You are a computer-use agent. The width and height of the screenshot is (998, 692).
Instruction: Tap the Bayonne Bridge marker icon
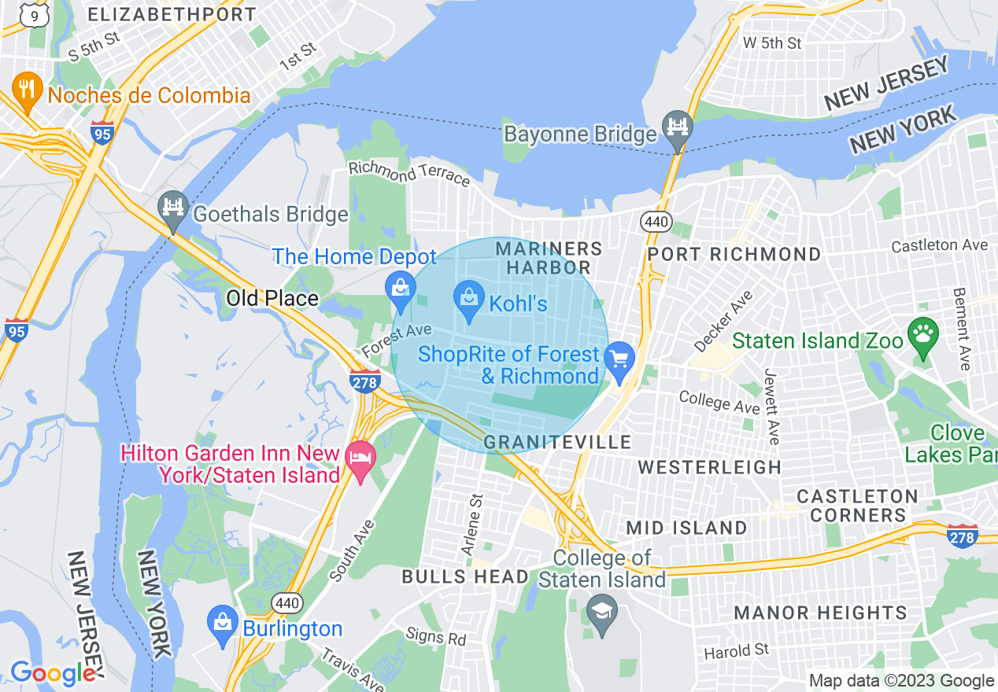coord(677,128)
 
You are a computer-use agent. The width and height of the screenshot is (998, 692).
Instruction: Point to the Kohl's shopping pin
coord(470,300)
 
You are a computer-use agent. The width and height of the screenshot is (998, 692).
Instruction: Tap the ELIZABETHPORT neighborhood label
coord(172,14)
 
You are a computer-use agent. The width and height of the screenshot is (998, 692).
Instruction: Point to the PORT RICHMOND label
coord(734,254)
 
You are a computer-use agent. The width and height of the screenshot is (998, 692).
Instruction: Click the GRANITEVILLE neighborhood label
coord(557,442)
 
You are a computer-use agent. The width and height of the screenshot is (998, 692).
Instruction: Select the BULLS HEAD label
coord(465,576)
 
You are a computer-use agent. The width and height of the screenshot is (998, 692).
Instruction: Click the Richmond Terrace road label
coord(409,174)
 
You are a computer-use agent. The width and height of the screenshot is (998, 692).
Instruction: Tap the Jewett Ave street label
coord(771,407)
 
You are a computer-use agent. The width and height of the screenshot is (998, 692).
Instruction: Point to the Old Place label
coord(272,298)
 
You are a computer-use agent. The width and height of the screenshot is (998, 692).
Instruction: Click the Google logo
coord(54,673)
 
